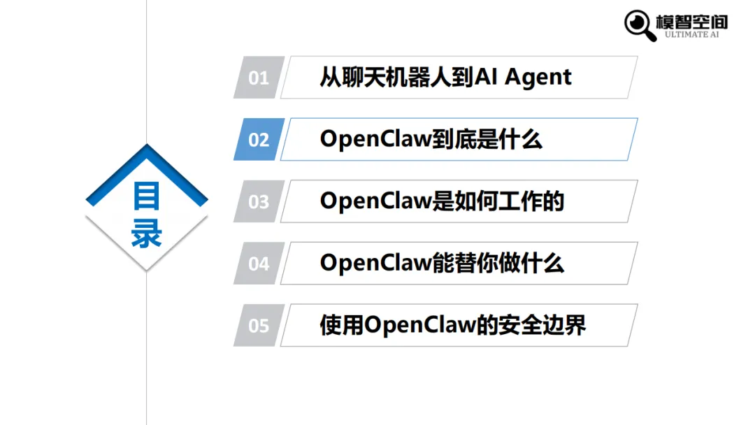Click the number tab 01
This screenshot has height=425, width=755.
click(259, 78)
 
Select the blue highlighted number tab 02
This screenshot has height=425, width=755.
click(259, 140)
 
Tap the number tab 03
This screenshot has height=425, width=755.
click(259, 202)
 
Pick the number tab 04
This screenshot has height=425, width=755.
click(259, 264)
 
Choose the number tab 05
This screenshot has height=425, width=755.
click(259, 326)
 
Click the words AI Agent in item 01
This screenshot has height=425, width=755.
click(524, 78)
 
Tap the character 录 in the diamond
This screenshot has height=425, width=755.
click(147, 235)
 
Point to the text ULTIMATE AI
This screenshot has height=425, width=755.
click(691, 34)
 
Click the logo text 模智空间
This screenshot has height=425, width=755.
click(691, 20)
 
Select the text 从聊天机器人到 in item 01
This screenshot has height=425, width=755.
click(396, 78)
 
